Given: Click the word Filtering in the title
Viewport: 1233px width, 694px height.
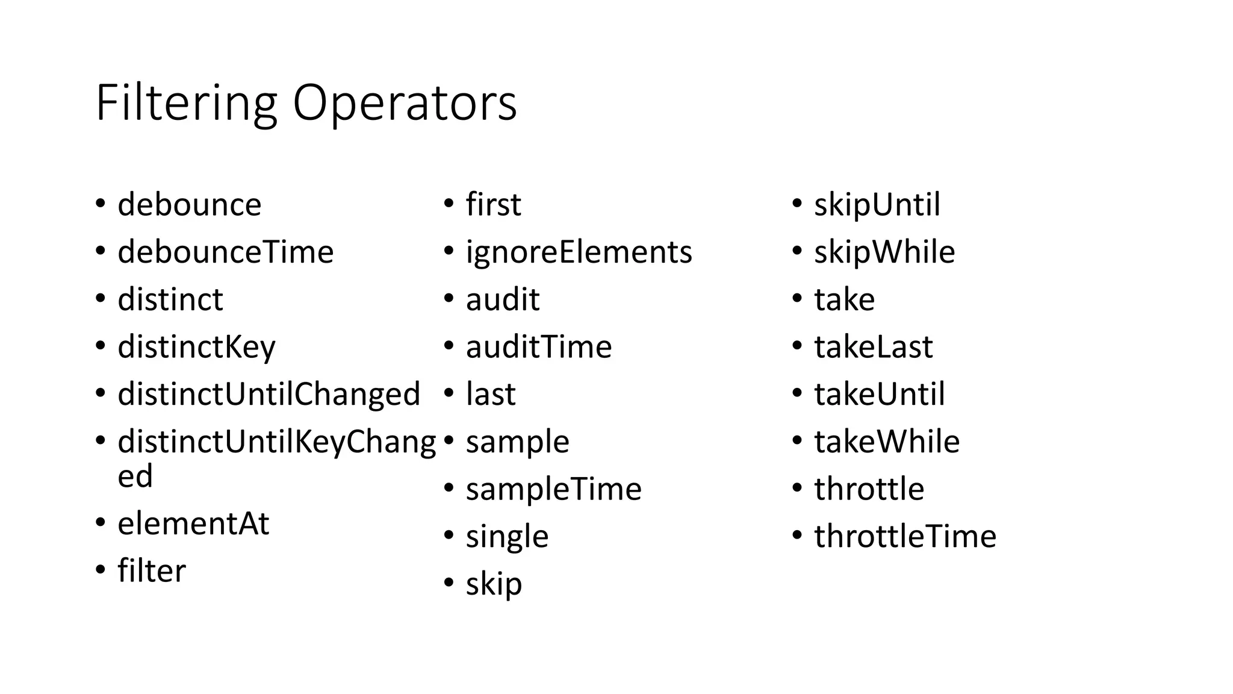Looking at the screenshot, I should (186, 104).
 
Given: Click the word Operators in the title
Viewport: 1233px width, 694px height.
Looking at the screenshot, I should (405, 104).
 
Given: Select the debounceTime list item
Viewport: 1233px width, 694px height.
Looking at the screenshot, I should (225, 252).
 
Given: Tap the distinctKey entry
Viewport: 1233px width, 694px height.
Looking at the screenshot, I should (196, 347).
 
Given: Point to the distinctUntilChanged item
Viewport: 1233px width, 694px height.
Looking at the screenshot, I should (269, 394).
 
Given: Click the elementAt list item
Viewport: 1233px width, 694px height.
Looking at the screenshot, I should (193, 523).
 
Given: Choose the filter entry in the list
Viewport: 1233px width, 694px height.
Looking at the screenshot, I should (152, 571).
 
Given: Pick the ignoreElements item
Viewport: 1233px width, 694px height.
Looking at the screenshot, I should (579, 252).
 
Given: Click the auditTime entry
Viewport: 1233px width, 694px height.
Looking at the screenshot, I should (538, 347).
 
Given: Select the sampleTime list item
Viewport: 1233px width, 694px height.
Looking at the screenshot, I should (553, 489).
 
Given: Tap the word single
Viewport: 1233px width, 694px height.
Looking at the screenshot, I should (507, 536).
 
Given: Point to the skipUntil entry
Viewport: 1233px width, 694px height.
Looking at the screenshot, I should (877, 205).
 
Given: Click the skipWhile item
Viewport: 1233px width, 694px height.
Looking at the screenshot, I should (884, 252).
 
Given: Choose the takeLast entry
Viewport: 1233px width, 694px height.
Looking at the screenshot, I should (873, 347).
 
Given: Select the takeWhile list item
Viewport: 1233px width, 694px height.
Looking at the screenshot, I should (886, 442).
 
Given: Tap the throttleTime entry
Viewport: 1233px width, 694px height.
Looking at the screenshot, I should (905, 536).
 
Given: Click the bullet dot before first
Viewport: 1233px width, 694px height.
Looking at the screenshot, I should (449, 204).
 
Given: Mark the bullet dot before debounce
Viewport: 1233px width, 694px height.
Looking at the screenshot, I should (101, 204).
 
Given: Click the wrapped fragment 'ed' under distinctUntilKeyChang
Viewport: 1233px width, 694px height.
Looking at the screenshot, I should (135, 477).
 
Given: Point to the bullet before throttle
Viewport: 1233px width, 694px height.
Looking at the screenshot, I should (797, 487).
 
